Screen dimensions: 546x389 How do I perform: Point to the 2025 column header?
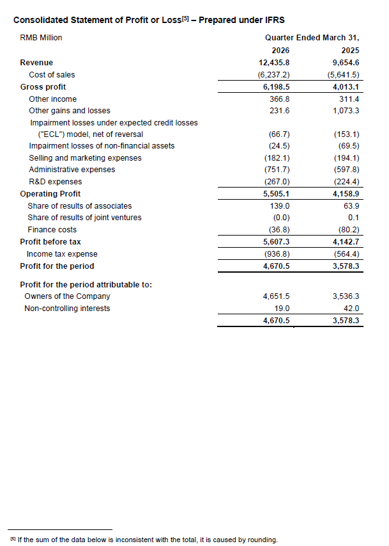click(350, 51)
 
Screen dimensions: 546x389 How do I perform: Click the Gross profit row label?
click(43, 87)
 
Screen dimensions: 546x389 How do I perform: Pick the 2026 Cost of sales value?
click(276, 75)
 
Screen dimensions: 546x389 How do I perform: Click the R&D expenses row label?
click(56, 182)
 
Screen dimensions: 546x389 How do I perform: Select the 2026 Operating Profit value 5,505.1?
click(276, 194)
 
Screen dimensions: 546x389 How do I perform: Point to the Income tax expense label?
click(62, 254)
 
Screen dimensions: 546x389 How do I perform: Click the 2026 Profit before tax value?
click(276, 243)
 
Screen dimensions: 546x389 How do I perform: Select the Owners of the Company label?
click(67, 296)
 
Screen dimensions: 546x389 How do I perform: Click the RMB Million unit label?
click(42, 38)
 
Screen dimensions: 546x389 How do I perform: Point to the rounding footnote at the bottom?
click(144, 540)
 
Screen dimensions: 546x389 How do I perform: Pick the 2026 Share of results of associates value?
click(278, 206)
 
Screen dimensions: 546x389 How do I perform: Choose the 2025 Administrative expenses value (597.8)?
click(347, 170)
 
